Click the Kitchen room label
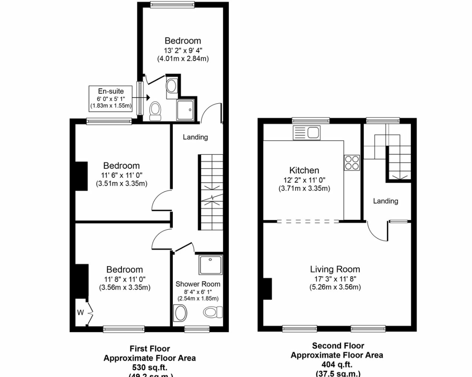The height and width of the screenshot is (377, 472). pos(304,170)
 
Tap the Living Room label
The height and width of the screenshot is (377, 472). pos(335,269)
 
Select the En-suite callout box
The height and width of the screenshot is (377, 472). pos(111,98)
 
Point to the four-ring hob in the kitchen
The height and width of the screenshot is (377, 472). pos(351,162)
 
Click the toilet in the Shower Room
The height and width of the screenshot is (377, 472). pos(213,312)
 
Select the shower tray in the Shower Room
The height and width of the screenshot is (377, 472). pos(210,265)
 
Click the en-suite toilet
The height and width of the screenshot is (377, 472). pos(155,110)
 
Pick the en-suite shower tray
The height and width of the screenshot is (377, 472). pos(187,110)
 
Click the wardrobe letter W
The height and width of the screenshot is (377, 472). pos(81,312)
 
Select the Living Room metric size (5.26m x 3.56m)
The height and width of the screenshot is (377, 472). pos(335,287)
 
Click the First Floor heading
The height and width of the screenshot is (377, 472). pos(149,349)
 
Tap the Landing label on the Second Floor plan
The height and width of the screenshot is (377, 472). pos(385,201)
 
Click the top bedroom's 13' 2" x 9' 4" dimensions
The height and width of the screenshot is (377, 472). pos(183,50)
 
